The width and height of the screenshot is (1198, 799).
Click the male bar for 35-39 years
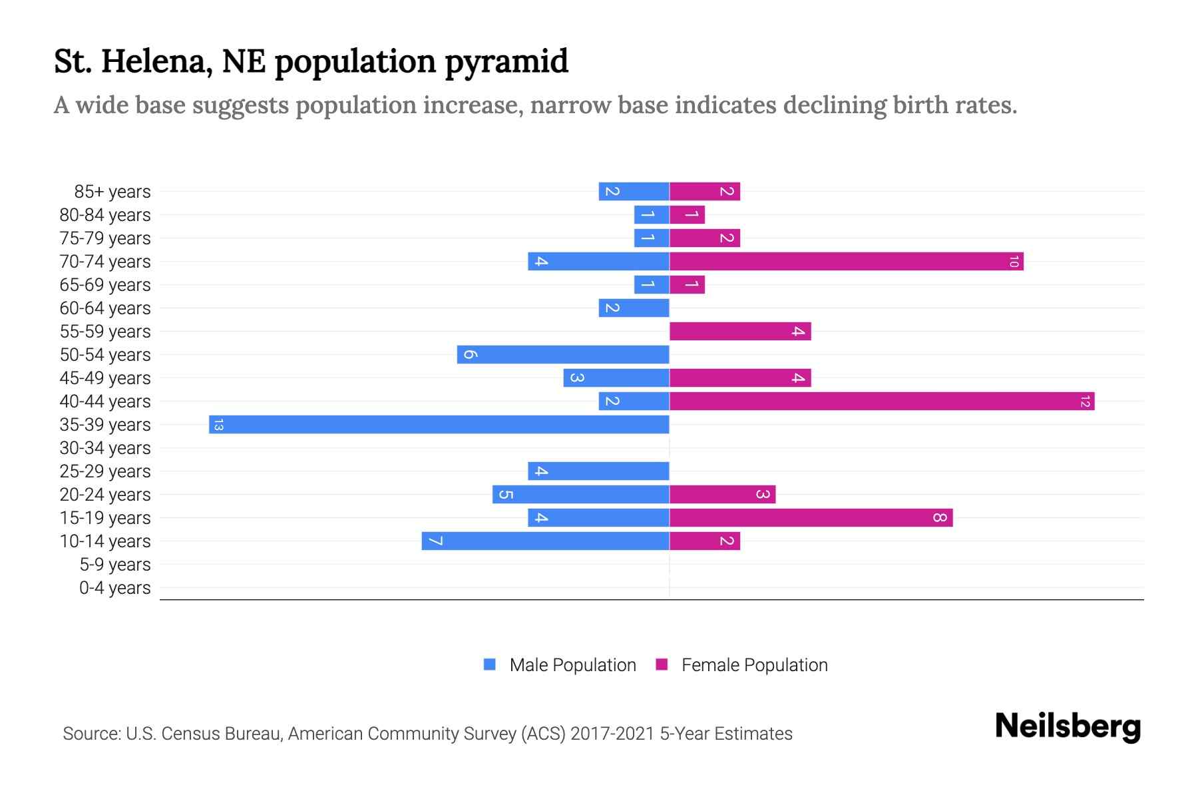pyautogui.click(x=439, y=425)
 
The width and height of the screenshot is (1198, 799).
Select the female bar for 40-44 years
pyautogui.click(x=882, y=401)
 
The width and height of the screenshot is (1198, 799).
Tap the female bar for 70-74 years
pyautogui.click(x=847, y=262)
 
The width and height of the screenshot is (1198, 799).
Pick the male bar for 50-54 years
pyautogui.click(x=563, y=355)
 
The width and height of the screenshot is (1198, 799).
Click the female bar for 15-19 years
pyautogui.click(x=811, y=518)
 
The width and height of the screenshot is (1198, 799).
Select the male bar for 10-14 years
pyautogui.click(x=546, y=541)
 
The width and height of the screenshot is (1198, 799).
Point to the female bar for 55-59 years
pyautogui.click(x=740, y=332)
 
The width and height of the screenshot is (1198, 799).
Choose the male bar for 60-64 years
pyautogui.click(x=634, y=308)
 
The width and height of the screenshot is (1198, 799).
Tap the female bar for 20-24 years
pyautogui.click(x=722, y=495)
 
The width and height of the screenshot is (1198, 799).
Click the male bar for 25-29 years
pyautogui.click(x=598, y=471)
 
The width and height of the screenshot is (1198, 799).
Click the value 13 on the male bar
pyautogui.click(x=218, y=425)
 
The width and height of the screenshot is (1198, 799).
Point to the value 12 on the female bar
pyautogui.click(x=1085, y=401)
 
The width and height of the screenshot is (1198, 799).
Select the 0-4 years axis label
pyautogui.click(x=114, y=588)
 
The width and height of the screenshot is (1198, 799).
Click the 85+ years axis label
pyautogui.click(x=112, y=192)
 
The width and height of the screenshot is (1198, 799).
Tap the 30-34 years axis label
pyautogui.click(x=105, y=448)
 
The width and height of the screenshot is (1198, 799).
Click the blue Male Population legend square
pyautogui.click(x=490, y=665)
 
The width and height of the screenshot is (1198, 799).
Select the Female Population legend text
pyautogui.click(x=754, y=665)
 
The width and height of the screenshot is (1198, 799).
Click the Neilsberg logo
pyautogui.click(x=1068, y=726)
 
